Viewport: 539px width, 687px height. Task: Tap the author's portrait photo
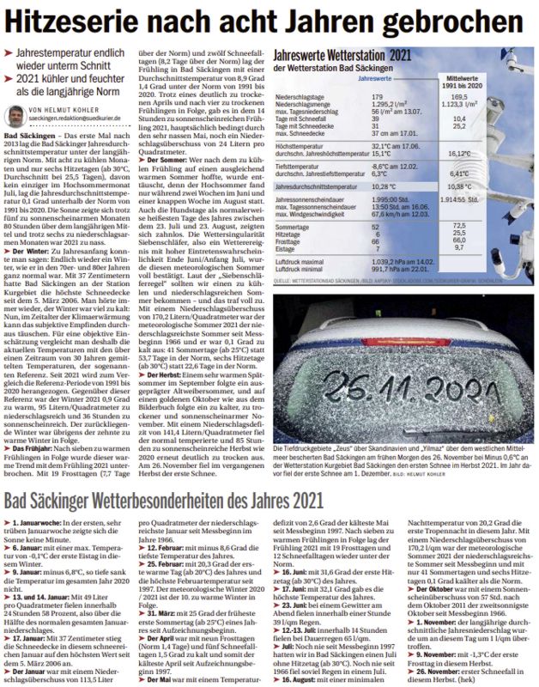(17, 115)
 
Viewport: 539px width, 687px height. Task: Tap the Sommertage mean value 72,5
(481, 226)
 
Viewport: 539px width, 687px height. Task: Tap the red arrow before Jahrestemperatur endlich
(9, 52)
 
